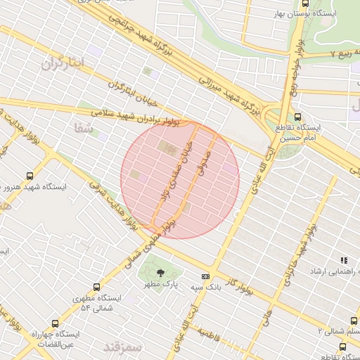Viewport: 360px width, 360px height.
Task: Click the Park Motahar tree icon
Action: coord(161,273)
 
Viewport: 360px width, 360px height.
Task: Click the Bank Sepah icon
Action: coord(205,276)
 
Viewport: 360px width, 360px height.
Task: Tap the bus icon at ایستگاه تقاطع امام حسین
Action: coord(298,117)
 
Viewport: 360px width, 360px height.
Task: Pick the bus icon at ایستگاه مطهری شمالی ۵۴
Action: coord(96,287)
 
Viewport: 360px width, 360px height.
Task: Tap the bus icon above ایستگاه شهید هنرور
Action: coord(30,176)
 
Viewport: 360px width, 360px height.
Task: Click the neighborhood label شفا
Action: coord(82,127)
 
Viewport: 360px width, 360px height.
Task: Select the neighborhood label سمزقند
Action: coord(122,347)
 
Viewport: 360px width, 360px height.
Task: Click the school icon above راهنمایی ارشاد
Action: coord(344,260)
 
